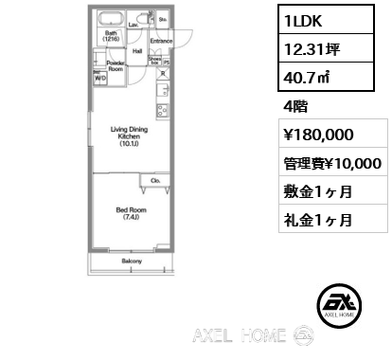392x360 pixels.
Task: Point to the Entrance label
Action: [160, 42]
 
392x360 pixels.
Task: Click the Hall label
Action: [136, 51]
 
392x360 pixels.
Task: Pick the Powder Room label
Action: [115, 65]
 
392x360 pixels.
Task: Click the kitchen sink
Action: [161, 92]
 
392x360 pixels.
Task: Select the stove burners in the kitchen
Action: [161, 111]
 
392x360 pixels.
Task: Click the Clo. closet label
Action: [154, 180]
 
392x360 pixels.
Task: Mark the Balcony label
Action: [132, 260]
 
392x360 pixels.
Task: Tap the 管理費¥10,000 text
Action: [331, 164]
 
